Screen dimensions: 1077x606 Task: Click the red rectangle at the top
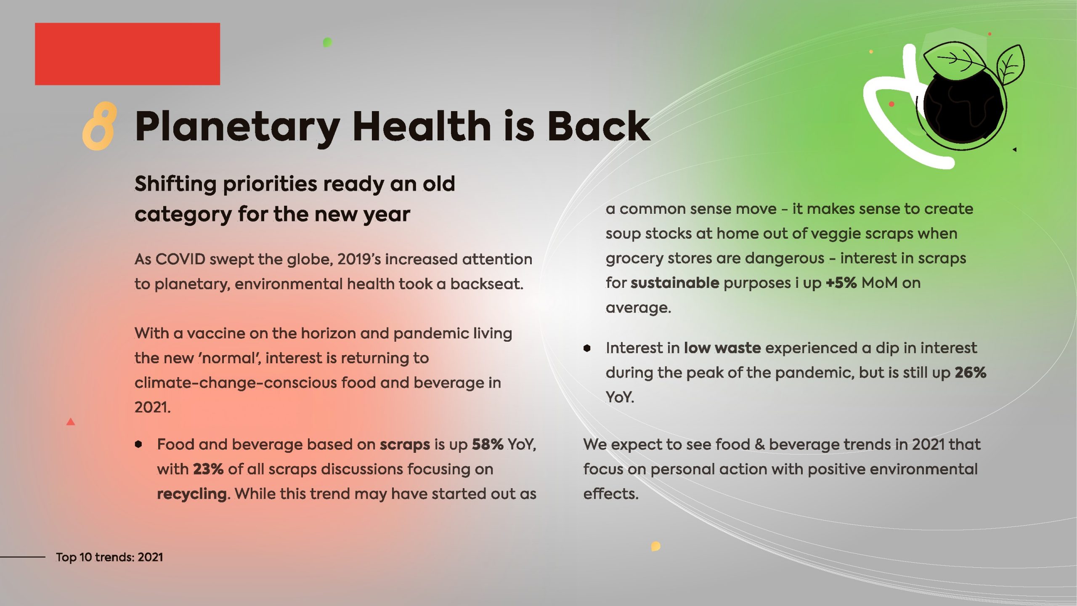coord(127,54)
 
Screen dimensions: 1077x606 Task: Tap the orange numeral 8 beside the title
coord(99,126)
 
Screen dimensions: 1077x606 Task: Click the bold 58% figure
coord(487,444)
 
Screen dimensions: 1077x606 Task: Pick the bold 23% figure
coord(208,469)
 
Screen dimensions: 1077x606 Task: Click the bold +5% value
coord(841,283)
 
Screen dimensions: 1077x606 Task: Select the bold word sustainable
coord(675,283)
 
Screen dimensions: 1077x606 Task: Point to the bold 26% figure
coord(970,372)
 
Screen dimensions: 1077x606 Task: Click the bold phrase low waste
coord(722,348)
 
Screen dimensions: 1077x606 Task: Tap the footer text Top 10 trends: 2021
coord(109,557)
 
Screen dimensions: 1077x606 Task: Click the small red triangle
coord(71,422)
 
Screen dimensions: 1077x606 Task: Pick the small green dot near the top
coord(327,43)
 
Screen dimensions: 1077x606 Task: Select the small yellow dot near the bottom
coord(655,546)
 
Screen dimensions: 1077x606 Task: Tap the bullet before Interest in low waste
coord(587,348)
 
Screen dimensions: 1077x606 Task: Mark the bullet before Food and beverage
coord(138,444)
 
